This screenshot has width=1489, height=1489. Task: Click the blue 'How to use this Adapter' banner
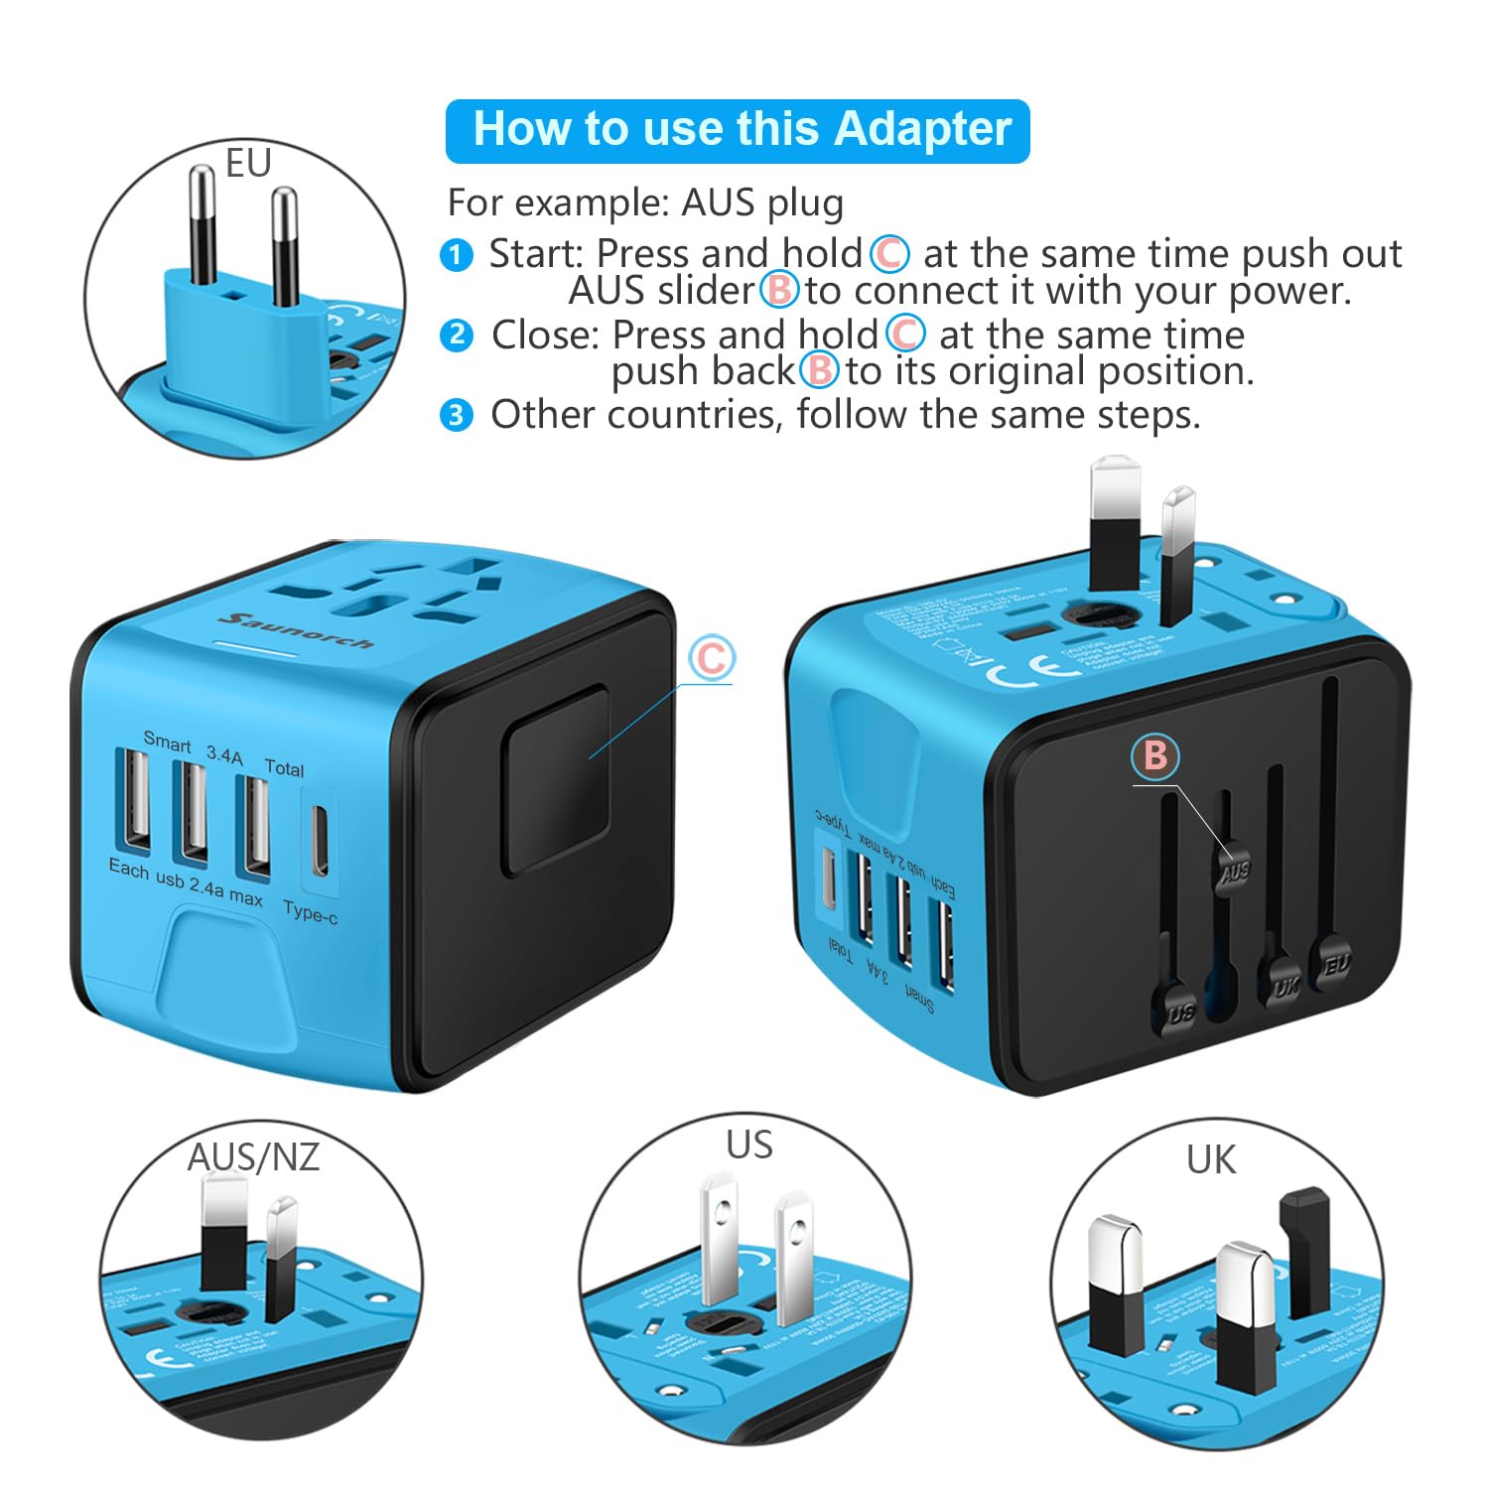[738, 130]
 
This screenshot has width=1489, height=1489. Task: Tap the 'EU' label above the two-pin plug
[247, 164]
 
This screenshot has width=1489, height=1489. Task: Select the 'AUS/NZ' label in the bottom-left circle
[253, 1156]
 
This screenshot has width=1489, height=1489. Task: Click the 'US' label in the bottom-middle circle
[748, 1145]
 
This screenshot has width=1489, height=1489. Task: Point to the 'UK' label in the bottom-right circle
[1211, 1159]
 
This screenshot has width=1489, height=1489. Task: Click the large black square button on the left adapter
[556, 780]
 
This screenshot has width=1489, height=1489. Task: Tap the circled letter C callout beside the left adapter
[712, 658]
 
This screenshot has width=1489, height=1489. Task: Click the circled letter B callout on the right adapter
[1155, 755]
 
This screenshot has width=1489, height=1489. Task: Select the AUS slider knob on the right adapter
[1234, 872]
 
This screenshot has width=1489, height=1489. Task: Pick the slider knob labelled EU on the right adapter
[1335, 962]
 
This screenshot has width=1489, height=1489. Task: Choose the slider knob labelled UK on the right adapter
[1285, 986]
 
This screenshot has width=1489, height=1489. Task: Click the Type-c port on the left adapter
[319, 840]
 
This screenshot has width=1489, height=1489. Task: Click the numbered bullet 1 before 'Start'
[456, 255]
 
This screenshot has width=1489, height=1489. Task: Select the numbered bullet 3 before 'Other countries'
[456, 415]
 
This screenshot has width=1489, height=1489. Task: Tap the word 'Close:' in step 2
[545, 336]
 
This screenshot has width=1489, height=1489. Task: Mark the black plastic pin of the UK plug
[1304, 1251]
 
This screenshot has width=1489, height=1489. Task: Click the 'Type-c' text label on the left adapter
[310, 912]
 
